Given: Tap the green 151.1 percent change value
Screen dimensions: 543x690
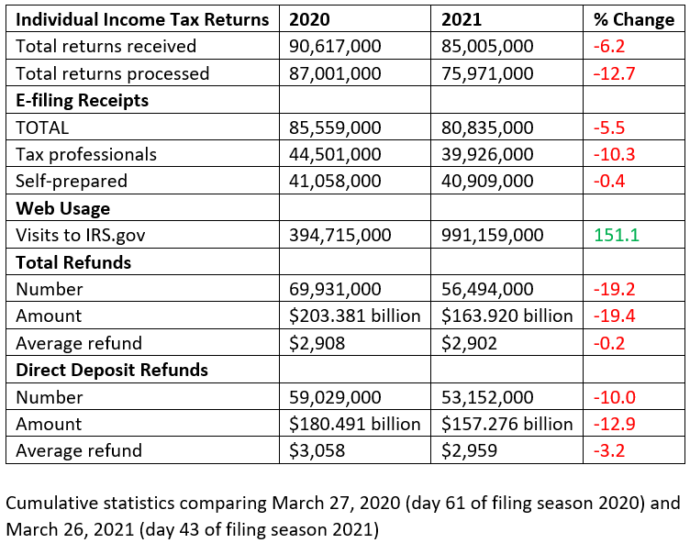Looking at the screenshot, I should (x=615, y=236).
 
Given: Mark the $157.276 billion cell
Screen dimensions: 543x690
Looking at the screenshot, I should (x=507, y=425).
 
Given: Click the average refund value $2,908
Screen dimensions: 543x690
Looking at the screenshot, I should (x=316, y=344).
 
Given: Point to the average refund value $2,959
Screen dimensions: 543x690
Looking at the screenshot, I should (x=469, y=451).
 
